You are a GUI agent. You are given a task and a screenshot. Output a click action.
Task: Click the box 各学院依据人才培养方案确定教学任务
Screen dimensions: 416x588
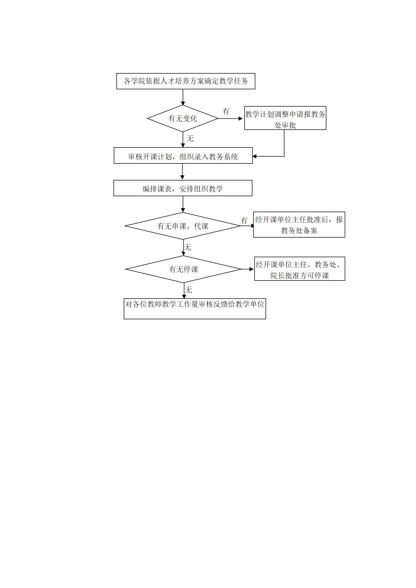(186, 81)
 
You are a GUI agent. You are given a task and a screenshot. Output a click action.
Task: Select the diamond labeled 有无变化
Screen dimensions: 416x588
(183, 118)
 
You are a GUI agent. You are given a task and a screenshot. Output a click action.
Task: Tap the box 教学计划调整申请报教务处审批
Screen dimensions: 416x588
(285, 118)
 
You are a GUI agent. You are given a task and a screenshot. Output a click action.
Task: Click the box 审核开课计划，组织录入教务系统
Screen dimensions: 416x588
(183, 156)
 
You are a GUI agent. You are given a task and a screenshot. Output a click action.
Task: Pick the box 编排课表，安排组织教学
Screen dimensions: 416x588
(183, 188)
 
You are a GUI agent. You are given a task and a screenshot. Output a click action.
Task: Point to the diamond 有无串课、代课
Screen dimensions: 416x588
(183, 226)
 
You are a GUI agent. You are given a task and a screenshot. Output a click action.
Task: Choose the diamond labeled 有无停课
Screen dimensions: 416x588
(183, 269)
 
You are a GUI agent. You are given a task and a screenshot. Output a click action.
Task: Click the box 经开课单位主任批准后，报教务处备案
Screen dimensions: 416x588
(299, 225)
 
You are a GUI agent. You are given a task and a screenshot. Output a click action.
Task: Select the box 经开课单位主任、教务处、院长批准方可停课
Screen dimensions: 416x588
(300, 269)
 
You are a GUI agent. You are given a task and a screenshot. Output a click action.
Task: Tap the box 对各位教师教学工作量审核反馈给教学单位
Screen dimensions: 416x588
(195, 309)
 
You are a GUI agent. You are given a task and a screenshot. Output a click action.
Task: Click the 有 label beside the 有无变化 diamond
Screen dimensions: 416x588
(226, 111)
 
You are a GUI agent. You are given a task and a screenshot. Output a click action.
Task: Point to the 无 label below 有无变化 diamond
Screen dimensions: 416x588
(190, 139)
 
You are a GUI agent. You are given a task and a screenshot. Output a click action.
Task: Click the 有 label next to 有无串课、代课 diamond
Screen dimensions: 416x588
(244, 221)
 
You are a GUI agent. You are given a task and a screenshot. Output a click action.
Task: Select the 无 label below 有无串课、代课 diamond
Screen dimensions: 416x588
(188, 247)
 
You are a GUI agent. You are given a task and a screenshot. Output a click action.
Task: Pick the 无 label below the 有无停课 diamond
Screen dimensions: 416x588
(188, 290)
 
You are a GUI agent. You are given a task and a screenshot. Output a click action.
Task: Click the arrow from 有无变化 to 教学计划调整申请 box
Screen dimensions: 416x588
(230, 119)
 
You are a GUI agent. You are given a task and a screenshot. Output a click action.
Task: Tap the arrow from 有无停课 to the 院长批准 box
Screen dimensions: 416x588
(247, 269)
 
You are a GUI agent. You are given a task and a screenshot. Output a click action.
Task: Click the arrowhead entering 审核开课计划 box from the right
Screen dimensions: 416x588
(254, 156)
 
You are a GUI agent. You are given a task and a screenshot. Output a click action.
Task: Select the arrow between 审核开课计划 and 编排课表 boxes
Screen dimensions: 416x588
(182, 172)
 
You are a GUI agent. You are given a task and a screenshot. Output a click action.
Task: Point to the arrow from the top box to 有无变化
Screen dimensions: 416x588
(183, 97)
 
